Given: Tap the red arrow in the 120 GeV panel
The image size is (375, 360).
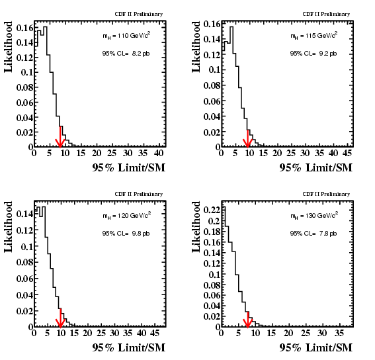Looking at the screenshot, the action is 60,318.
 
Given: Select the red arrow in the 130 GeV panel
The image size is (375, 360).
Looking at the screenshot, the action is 247,320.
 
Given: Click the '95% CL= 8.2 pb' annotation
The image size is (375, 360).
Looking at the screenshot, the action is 126,54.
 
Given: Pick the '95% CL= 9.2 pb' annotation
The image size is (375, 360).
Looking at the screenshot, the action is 313,54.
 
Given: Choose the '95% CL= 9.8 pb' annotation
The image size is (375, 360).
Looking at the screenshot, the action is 126,234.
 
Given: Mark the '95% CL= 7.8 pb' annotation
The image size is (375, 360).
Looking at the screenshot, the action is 313,234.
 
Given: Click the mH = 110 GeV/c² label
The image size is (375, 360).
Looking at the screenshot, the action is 126,36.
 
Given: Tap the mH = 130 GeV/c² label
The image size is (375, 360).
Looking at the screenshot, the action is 314,216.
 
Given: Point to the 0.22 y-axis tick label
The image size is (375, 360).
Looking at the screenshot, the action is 212,210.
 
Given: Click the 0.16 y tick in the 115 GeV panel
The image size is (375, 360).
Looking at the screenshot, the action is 212,24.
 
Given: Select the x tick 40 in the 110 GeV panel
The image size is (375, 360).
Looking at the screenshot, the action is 159,153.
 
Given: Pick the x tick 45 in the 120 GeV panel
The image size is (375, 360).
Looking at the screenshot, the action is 155,333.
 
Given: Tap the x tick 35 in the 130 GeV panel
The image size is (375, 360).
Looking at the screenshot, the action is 339,333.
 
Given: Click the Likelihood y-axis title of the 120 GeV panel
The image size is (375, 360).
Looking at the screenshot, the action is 8,227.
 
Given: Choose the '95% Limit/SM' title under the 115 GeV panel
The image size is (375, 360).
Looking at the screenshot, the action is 316,167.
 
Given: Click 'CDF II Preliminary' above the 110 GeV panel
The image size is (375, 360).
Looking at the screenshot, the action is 139,14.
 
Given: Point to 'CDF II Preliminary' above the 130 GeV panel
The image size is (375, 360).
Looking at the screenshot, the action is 326,194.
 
